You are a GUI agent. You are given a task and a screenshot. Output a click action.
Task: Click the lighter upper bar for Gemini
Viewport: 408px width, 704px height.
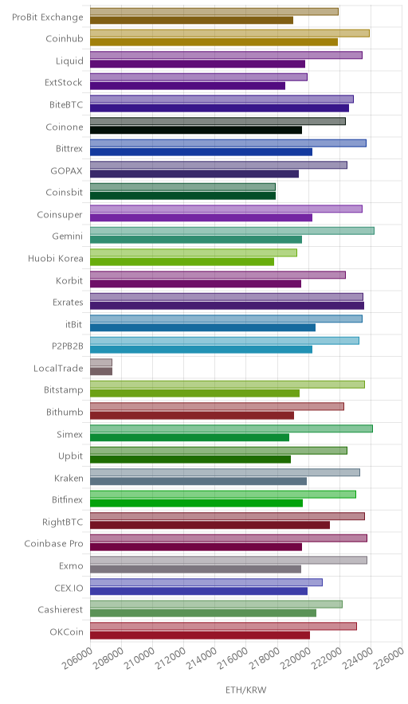pyautogui.click(x=232, y=231)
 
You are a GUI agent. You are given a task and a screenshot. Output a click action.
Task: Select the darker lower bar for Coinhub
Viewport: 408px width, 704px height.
pyautogui.click(x=214, y=42)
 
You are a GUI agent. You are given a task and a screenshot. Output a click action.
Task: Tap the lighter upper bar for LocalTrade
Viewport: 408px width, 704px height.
pyautogui.click(x=101, y=362)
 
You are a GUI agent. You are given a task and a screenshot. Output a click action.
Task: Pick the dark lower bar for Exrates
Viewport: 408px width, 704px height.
pyautogui.click(x=227, y=306)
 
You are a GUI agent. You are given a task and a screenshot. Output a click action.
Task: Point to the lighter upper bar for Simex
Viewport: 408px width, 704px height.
pyautogui.click(x=231, y=428)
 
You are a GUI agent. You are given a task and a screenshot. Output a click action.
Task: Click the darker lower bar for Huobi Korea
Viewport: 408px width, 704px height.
pyautogui.click(x=182, y=262)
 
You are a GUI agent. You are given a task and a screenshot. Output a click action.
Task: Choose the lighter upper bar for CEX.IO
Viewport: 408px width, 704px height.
pyautogui.click(x=206, y=582)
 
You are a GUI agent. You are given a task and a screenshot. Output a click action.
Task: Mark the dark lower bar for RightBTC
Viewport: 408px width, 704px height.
pyautogui.click(x=210, y=526)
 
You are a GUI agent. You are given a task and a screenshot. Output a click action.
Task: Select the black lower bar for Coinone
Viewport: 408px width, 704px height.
pyautogui.click(x=196, y=130)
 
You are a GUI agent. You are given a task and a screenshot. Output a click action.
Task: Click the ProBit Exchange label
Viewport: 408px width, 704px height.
pyautogui.click(x=48, y=17)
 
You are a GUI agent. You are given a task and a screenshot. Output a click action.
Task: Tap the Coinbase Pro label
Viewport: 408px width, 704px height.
pyautogui.click(x=54, y=544)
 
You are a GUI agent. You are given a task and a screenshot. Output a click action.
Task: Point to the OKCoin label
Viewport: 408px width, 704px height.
pyautogui.click(x=66, y=632)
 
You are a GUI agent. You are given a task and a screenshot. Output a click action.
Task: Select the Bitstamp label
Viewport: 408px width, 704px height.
pyautogui.click(x=64, y=389)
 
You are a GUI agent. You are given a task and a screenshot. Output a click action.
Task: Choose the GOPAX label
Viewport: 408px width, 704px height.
pyautogui.click(x=67, y=170)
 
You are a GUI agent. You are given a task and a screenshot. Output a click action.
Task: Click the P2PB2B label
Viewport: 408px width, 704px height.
pyautogui.click(x=68, y=346)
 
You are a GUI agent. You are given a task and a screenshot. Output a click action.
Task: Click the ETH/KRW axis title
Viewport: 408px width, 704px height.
pyautogui.click(x=246, y=690)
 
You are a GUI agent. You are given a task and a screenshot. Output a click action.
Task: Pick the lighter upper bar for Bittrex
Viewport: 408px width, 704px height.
pyautogui.click(x=228, y=143)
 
